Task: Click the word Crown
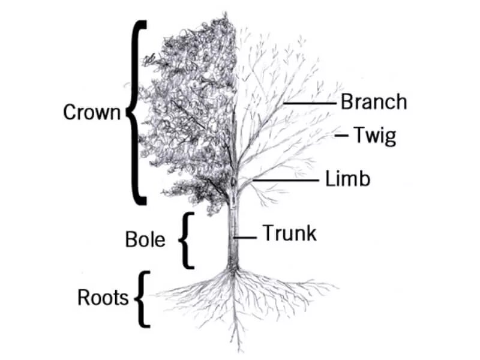[92, 112]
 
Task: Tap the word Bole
[145, 239]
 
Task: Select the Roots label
[103, 297]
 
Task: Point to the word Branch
[373, 103]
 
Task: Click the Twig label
[374, 136]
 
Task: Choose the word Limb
[348, 179]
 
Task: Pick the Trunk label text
[289, 233]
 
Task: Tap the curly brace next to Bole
[187, 240]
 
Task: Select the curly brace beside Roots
[142, 298]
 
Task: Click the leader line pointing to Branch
[309, 103]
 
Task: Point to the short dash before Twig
[342, 136]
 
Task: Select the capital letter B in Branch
[347, 103]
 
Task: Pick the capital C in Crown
[70, 112]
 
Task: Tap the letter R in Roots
[84, 297]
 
